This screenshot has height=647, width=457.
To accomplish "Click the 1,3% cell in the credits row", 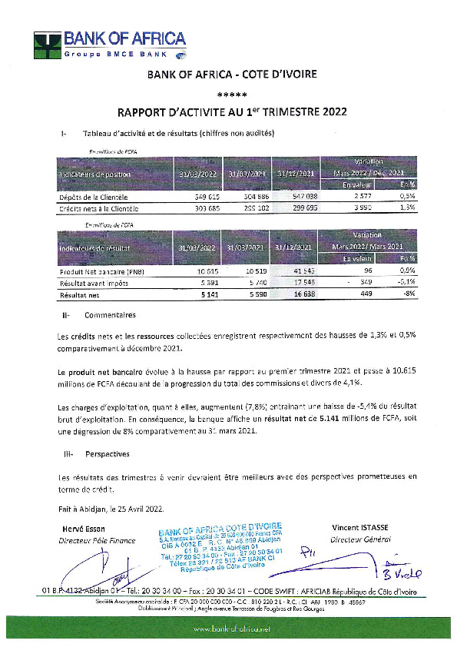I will click(x=408, y=208).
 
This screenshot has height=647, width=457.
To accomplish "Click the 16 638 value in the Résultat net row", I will click(x=296, y=294).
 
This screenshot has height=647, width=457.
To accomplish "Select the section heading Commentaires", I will click(x=110, y=315).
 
